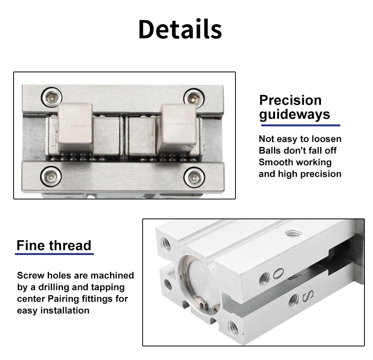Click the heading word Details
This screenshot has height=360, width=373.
(180, 29)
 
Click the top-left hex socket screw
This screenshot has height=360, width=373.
(51, 97)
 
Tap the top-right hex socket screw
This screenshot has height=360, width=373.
(194, 98)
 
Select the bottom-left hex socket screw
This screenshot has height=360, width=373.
(51, 176)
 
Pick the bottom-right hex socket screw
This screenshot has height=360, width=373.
(194, 177)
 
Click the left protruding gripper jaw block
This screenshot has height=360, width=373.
(75, 128)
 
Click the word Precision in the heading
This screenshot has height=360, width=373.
(291, 100)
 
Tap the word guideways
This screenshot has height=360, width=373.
(295, 115)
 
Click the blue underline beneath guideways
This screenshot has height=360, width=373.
(301, 125)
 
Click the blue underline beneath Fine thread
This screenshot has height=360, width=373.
(54, 254)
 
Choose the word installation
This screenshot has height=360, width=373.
(65, 311)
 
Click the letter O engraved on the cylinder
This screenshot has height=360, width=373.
(278, 273)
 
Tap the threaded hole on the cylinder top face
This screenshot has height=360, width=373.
(294, 233)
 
